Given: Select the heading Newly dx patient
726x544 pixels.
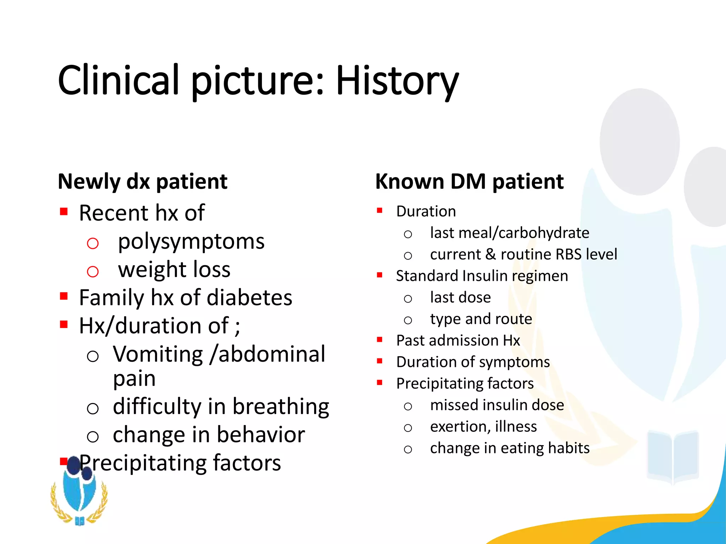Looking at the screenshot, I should click(143, 182).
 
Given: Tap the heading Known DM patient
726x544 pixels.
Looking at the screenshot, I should click(469, 182).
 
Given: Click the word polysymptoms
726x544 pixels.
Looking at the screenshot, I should click(191, 242).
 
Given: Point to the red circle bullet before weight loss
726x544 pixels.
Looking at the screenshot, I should click(93, 272).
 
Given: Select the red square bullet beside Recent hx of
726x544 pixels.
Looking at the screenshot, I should click(64, 212).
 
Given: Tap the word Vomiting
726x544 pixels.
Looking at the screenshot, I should click(158, 354).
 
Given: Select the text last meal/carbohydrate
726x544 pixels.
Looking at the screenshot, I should click(509, 233).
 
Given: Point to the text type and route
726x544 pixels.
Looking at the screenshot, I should click(481, 319).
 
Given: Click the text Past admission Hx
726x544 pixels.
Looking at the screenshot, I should click(458, 341).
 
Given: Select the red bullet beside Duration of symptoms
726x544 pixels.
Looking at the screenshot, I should click(380, 361).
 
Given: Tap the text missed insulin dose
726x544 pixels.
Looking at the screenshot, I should click(497, 405).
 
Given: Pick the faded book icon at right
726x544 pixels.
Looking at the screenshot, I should click(673, 457).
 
